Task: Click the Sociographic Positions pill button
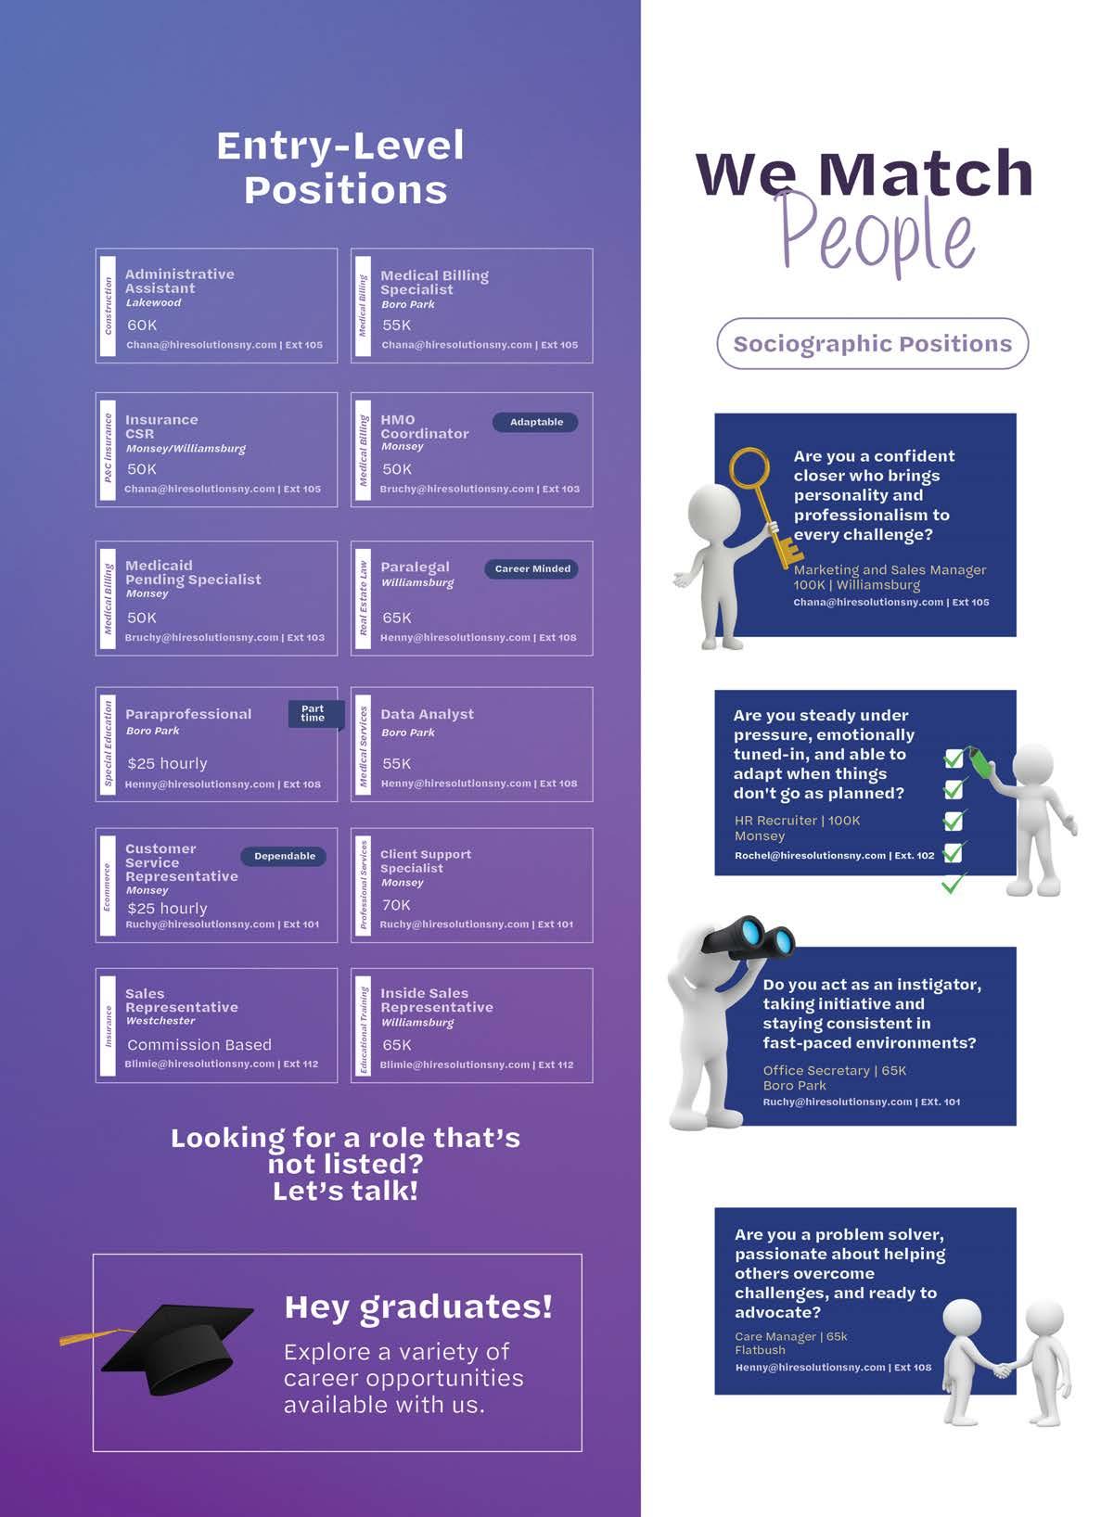(872, 343)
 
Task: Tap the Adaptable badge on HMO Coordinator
(535, 422)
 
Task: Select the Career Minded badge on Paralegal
(531, 568)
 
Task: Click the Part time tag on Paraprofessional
(314, 713)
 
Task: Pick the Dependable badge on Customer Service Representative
(284, 856)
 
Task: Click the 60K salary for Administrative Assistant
(142, 325)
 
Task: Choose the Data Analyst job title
(427, 714)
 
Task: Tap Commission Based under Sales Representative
(199, 1044)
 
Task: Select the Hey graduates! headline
(418, 1307)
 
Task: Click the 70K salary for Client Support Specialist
(396, 904)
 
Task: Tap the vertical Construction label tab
(108, 306)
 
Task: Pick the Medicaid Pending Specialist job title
(193, 572)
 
